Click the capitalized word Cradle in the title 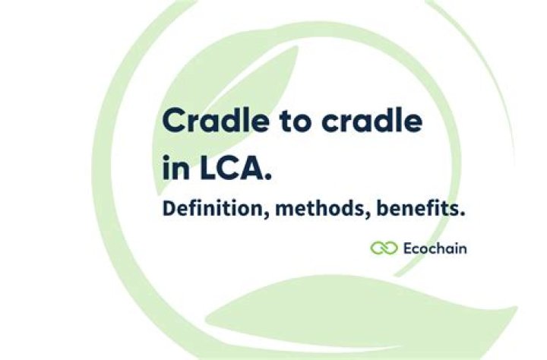pyautogui.click(x=216, y=120)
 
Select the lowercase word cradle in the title pyautogui.click(x=372, y=120)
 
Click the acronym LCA pyautogui.click(x=229, y=168)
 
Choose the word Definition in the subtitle pyautogui.click(x=212, y=208)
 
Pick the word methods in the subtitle pyautogui.click(x=320, y=208)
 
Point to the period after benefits pyautogui.click(x=462, y=214)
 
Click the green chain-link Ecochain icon pyautogui.click(x=384, y=248)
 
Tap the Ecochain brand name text pyautogui.click(x=435, y=248)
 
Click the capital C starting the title pyautogui.click(x=175, y=121)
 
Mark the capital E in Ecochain pyautogui.click(x=409, y=248)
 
